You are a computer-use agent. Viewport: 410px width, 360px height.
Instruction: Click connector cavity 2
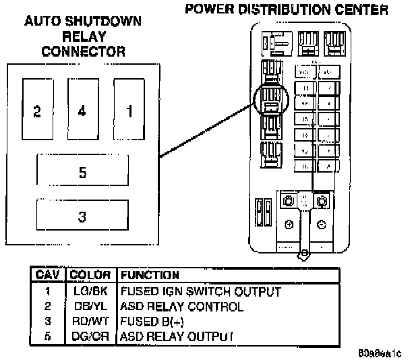[x=37, y=111]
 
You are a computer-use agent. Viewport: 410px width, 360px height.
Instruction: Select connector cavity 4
[x=82, y=111]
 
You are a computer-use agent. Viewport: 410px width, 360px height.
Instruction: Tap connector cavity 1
[x=129, y=111]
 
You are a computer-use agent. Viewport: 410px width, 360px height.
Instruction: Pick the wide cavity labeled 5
[x=82, y=173]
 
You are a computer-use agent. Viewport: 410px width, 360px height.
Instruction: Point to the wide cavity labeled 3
[x=82, y=216]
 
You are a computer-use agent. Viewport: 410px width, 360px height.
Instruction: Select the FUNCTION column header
[x=149, y=276]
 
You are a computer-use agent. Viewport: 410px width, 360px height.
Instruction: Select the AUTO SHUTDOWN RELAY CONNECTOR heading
[x=83, y=36]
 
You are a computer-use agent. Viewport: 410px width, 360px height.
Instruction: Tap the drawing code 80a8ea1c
[x=380, y=352]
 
